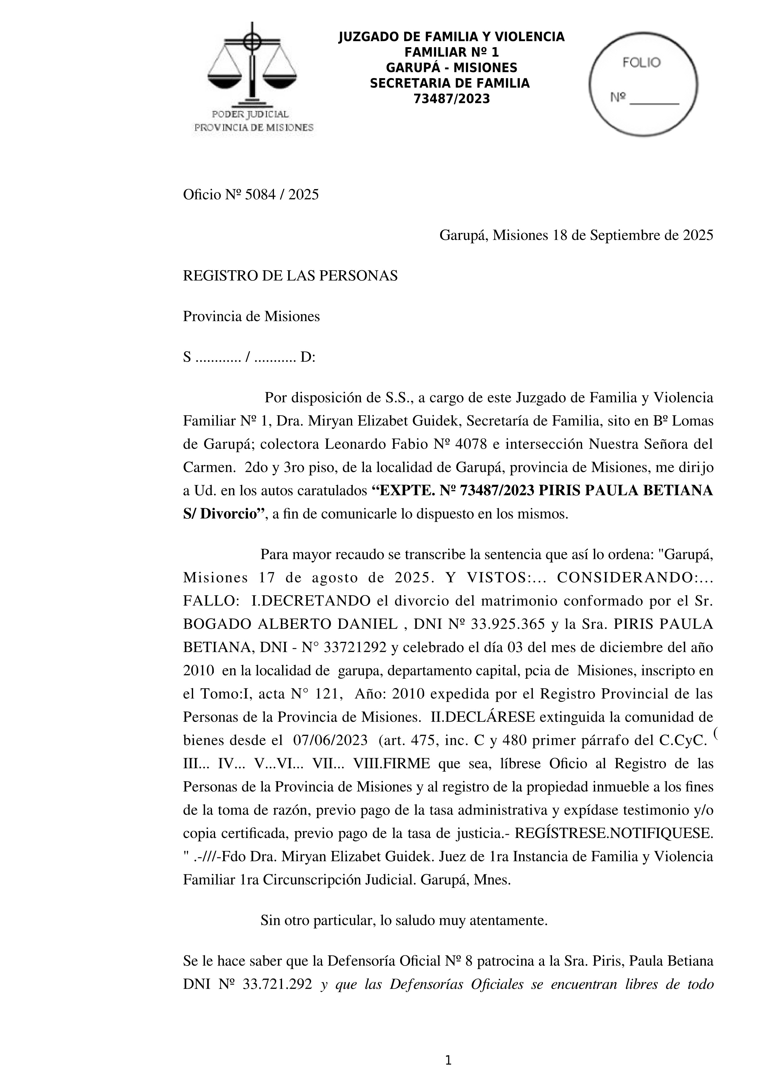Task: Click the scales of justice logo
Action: (x=252, y=64)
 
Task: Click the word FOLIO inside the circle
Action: (x=641, y=63)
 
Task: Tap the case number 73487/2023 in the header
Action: (x=451, y=99)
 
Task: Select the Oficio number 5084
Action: (x=260, y=195)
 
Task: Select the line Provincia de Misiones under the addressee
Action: (x=251, y=316)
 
